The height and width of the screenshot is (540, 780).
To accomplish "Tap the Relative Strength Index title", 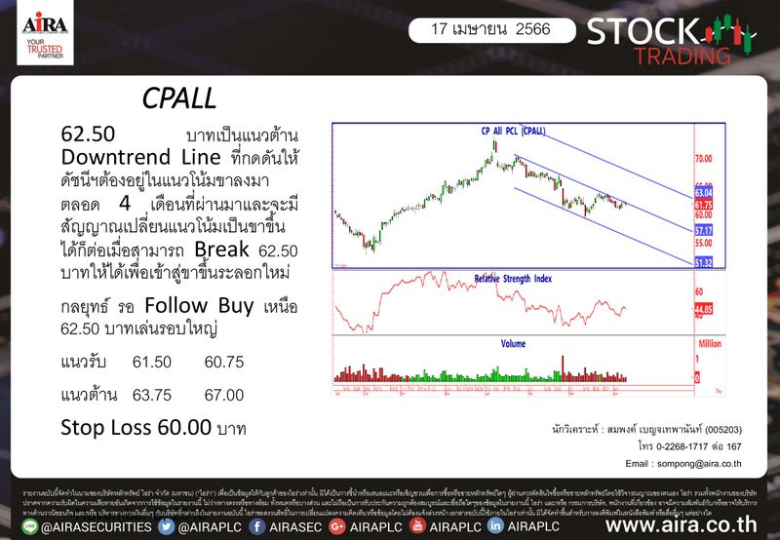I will [x=513, y=278].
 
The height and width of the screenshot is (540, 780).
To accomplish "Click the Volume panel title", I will [x=513, y=343].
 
